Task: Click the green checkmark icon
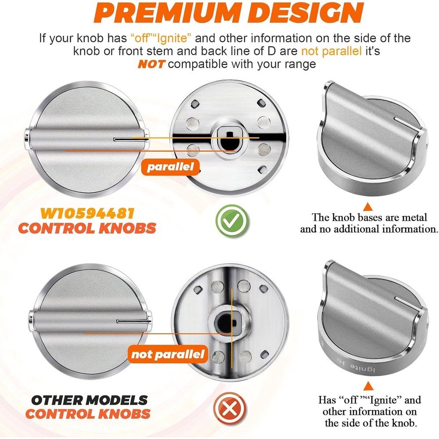click(x=232, y=221)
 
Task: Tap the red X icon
click(x=230, y=408)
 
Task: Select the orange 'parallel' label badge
click(x=170, y=167)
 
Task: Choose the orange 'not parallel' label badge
click(x=168, y=354)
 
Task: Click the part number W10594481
click(x=87, y=213)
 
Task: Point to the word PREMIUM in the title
click(x=169, y=13)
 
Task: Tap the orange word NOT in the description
click(x=151, y=65)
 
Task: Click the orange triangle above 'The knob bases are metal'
click(x=368, y=207)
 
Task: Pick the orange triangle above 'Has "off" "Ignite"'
click(x=368, y=386)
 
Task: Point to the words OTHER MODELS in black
click(x=89, y=400)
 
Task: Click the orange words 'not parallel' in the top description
click(x=331, y=51)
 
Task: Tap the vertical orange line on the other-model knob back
click(x=232, y=329)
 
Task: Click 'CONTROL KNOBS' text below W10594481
click(x=87, y=228)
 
